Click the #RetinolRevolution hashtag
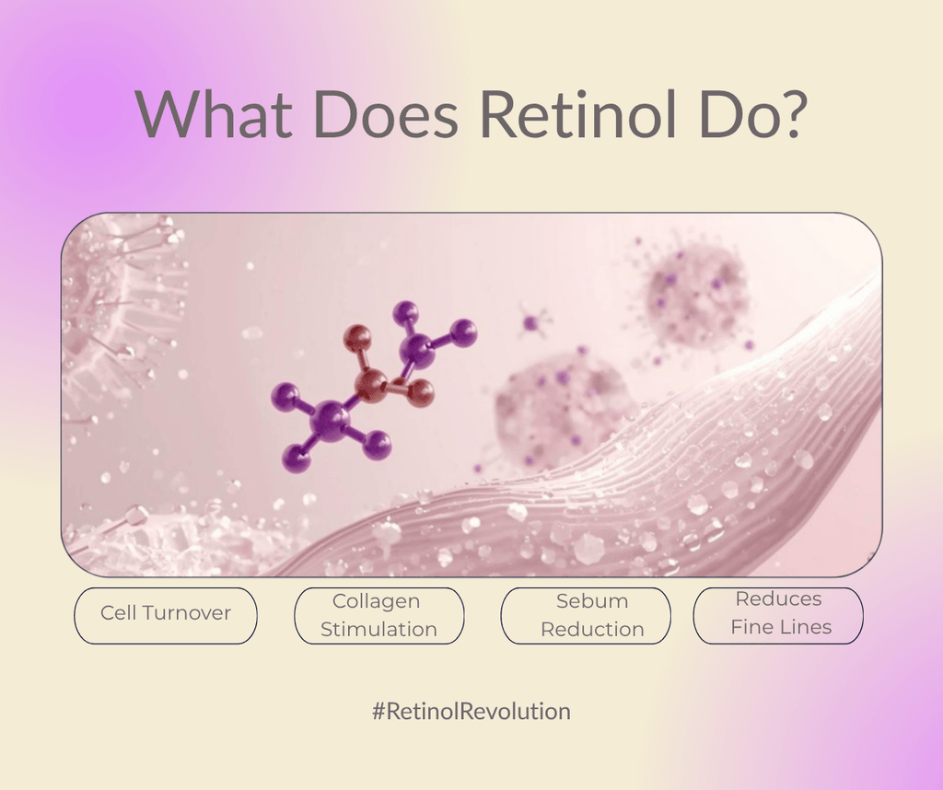click(471, 712)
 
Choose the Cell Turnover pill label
click(166, 613)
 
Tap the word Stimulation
click(378, 630)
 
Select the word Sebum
click(591, 601)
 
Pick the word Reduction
click(592, 630)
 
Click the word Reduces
click(778, 598)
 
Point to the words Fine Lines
click(781, 627)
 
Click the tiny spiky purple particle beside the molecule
click(531, 322)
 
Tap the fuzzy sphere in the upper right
click(695, 295)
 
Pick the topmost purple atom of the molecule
click(405, 313)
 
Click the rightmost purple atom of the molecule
click(463, 332)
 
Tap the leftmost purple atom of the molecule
click(285, 397)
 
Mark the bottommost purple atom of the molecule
click(297, 458)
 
